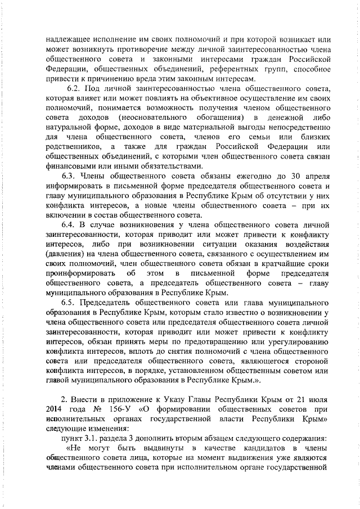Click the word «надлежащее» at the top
tap(66, 40)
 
